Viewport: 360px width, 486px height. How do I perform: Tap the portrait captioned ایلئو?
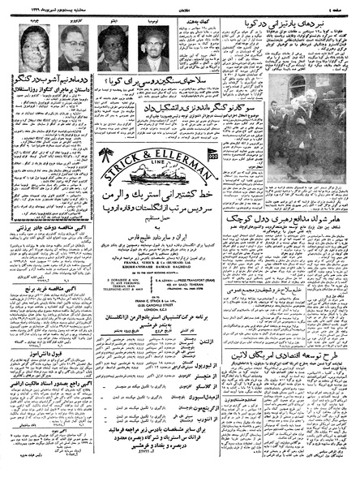click(x=111, y=47)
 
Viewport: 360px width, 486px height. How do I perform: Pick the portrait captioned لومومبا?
click(x=150, y=47)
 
